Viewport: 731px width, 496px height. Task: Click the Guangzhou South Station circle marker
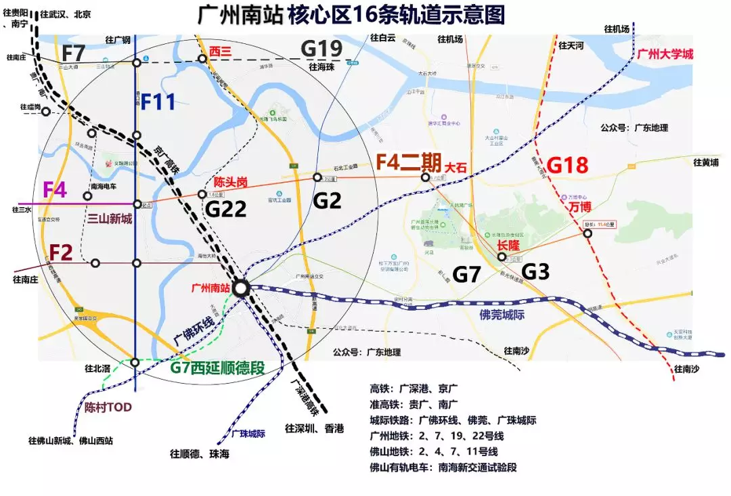(x=241, y=288)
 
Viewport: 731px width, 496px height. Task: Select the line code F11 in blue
(x=158, y=102)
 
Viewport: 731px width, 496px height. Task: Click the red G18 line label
(x=567, y=164)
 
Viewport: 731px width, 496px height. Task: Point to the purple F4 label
(x=55, y=189)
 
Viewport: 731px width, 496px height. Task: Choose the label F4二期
(x=407, y=163)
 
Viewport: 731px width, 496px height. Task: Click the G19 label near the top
(x=322, y=49)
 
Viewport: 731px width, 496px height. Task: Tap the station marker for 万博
(x=588, y=234)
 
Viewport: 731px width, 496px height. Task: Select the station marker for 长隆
(x=502, y=256)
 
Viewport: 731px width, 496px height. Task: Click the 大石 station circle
(x=425, y=177)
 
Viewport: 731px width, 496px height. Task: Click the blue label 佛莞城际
(x=504, y=315)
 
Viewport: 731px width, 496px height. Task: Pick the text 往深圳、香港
(x=314, y=428)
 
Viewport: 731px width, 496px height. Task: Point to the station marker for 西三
(x=202, y=59)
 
